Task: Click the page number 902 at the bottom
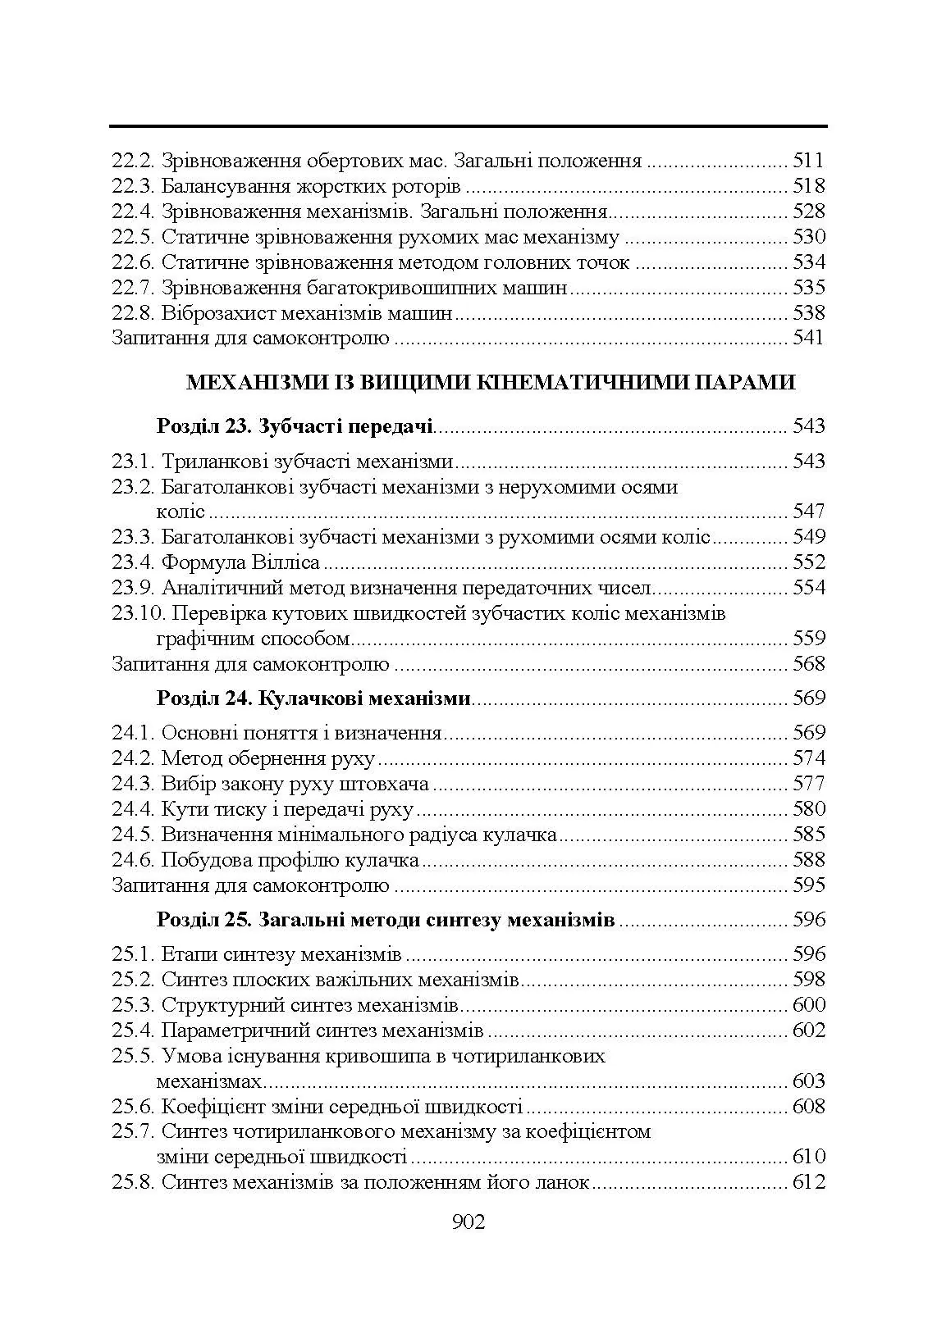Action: tap(468, 1222)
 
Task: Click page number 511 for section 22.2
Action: tap(808, 161)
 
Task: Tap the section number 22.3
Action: tap(133, 186)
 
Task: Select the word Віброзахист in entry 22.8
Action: tap(217, 313)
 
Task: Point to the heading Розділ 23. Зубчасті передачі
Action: tap(295, 426)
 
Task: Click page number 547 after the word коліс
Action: tap(808, 512)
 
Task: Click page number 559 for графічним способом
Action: tap(808, 639)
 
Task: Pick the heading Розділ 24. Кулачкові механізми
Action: tap(313, 698)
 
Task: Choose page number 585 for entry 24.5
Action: tap(808, 835)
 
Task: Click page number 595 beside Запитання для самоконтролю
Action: tap(808, 885)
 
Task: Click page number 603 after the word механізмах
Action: tap(808, 1081)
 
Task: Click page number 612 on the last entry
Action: tap(808, 1183)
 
